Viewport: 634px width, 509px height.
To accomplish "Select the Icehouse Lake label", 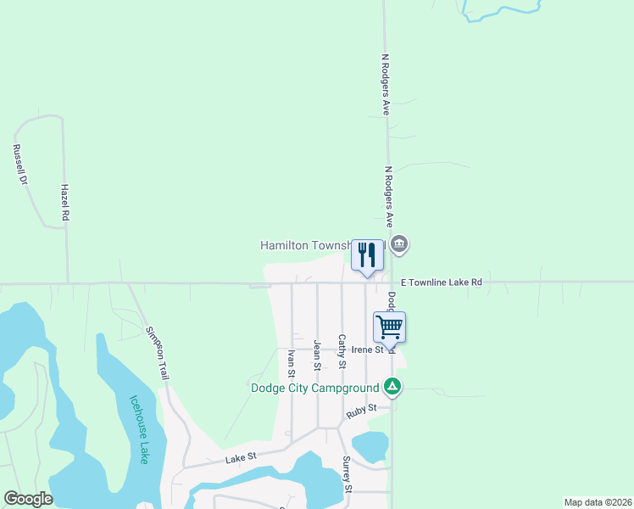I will pyautogui.click(x=140, y=429).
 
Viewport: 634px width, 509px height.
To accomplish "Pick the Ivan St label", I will pyautogui.click(x=291, y=362).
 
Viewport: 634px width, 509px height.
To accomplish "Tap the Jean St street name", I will pyautogui.click(x=317, y=355).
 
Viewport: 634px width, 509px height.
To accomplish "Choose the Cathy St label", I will pyautogui.click(x=342, y=351).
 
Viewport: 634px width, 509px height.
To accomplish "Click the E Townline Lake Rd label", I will pyautogui.click(x=441, y=282).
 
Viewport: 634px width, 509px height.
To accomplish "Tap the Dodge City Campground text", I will pyautogui.click(x=314, y=389).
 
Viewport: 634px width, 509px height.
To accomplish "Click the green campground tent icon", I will pyautogui.click(x=392, y=388).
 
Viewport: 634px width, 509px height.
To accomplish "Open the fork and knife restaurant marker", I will pyautogui.click(x=367, y=255).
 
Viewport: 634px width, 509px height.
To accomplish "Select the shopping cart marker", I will pyautogui.click(x=390, y=327).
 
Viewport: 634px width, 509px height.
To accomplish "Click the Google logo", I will pyautogui.click(x=28, y=499).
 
